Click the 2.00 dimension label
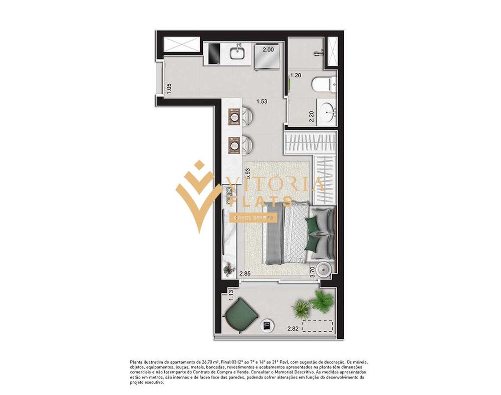(269, 50)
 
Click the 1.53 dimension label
(262, 102)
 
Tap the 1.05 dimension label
(169, 88)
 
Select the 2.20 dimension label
(311, 117)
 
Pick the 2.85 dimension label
(244, 274)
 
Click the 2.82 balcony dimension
(293, 329)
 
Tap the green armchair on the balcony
(240, 314)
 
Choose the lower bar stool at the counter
(246, 145)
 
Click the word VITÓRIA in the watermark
(275, 185)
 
